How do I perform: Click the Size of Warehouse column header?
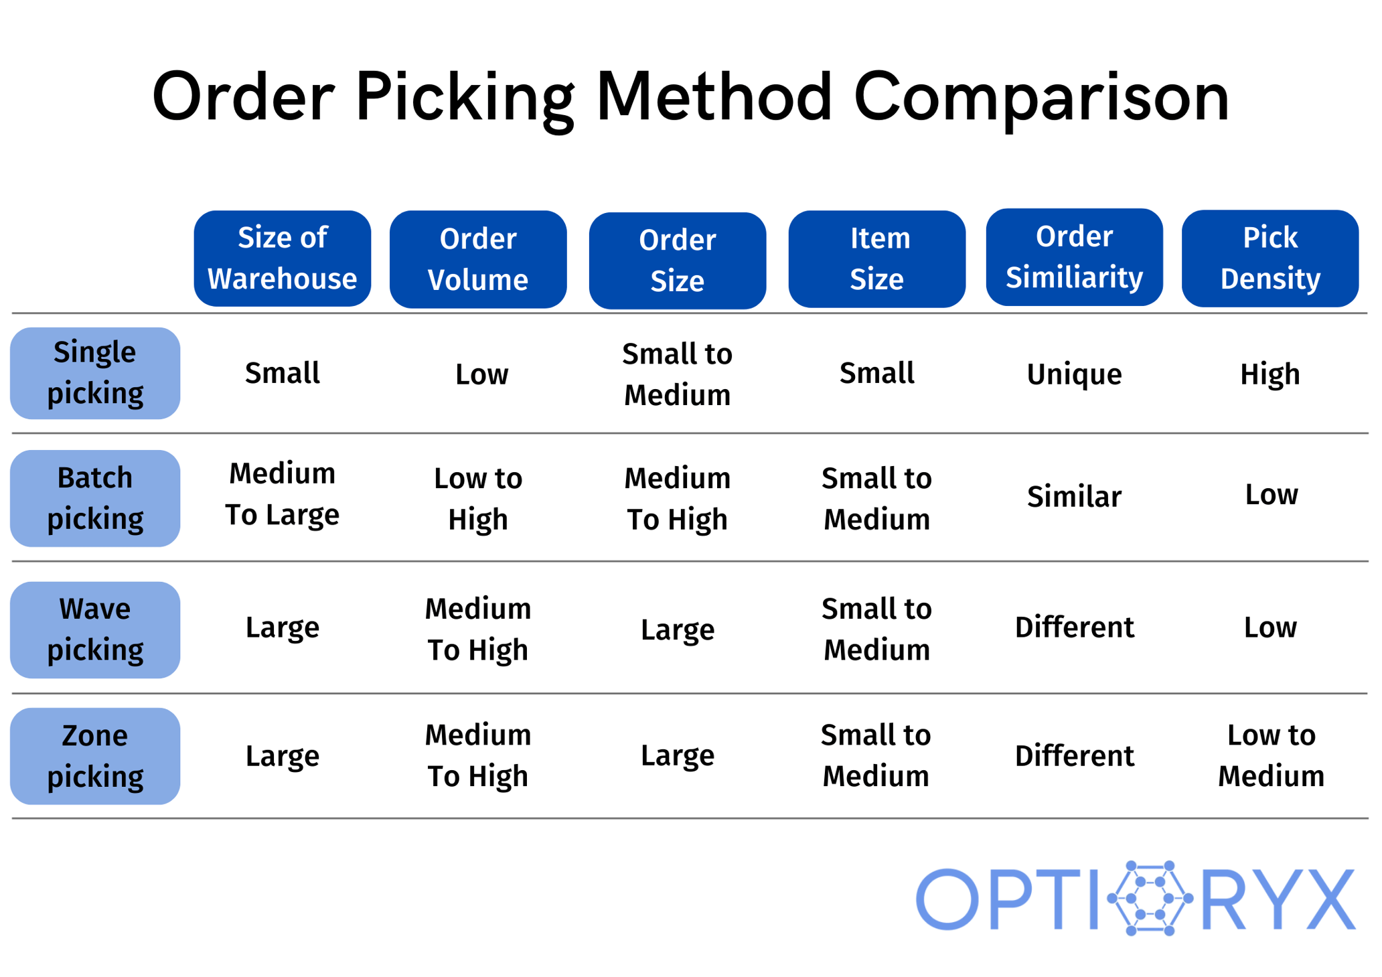[x=282, y=258]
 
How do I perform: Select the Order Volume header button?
[x=478, y=259]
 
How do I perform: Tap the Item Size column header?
[x=876, y=258]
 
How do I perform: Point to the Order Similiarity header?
[x=1074, y=257]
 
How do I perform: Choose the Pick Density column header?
[x=1270, y=258]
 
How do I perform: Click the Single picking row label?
[x=95, y=373]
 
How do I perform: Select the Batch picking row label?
[x=95, y=498]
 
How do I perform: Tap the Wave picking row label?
[x=95, y=629]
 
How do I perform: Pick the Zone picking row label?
[x=95, y=756]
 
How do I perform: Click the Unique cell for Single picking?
[x=1074, y=374]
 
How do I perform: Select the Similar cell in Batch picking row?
[x=1074, y=497]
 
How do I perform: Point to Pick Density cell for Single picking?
[x=1270, y=374]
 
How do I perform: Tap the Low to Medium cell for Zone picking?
[x=1271, y=755]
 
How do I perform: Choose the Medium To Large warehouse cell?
[x=282, y=494]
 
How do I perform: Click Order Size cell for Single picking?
[x=677, y=374]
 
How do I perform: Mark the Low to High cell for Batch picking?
[x=478, y=498]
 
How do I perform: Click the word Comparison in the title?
[x=1041, y=97]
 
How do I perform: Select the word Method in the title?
[x=714, y=97]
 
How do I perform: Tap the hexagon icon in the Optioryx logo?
[x=1150, y=898]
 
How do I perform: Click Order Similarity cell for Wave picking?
[x=1074, y=627]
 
